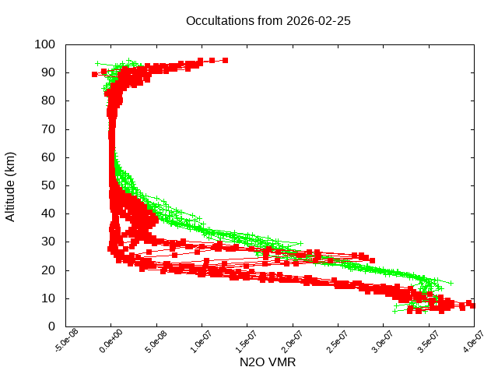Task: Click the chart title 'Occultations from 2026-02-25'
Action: pyautogui.click(x=268, y=21)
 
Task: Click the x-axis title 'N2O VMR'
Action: pyautogui.click(x=268, y=362)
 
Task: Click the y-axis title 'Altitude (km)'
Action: pyautogui.click(x=11, y=185)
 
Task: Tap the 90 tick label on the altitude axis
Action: pyautogui.click(x=48, y=72)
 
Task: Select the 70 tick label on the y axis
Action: pyautogui.click(x=48, y=129)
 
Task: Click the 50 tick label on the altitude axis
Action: pyautogui.click(x=48, y=185)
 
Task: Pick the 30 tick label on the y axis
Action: pyautogui.click(x=48, y=242)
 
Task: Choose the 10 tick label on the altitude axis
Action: pyautogui.click(x=48, y=298)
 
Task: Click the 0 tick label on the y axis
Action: pyautogui.click(x=51, y=326)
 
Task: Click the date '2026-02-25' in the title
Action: pyautogui.click(x=318, y=21)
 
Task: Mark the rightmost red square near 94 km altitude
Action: pyautogui.click(x=225, y=60)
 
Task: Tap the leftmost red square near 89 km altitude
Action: pyautogui.click(x=95, y=74)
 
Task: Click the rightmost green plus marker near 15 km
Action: pyautogui.click(x=450, y=283)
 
